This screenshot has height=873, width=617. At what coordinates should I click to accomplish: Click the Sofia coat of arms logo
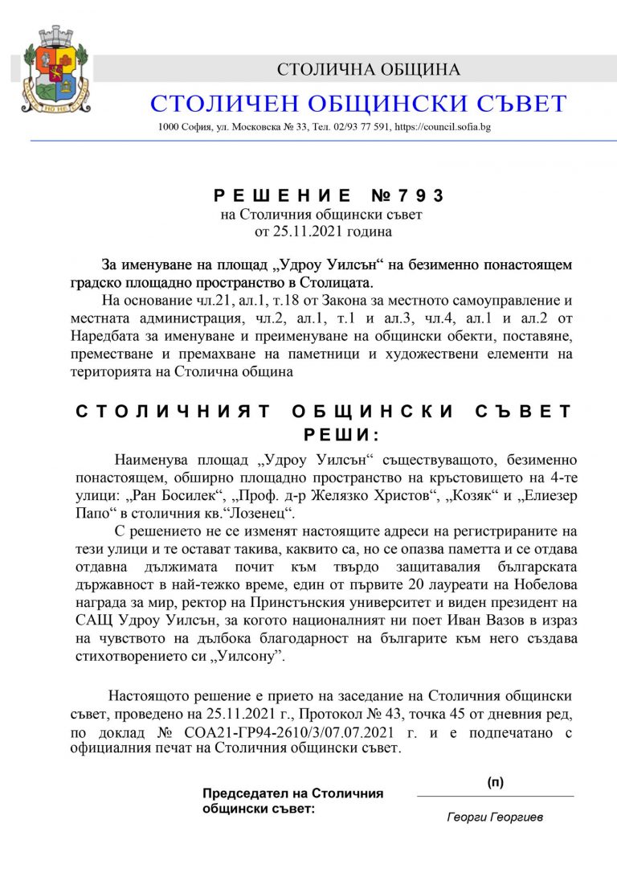pyautogui.click(x=55, y=71)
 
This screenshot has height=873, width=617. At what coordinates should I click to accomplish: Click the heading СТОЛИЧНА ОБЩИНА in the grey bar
pyautogui.click(x=369, y=69)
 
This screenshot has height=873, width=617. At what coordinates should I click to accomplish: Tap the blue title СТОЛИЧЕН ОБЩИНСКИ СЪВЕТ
pyautogui.click(x=358, y=104)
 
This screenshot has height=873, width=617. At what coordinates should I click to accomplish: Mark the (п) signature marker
pyautogui.click(x=496, y=782)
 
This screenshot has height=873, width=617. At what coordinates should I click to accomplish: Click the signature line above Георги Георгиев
pyautogui.click(x=496, y=796)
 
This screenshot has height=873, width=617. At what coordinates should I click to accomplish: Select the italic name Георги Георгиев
pyautogui.click(x=495, y=818)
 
